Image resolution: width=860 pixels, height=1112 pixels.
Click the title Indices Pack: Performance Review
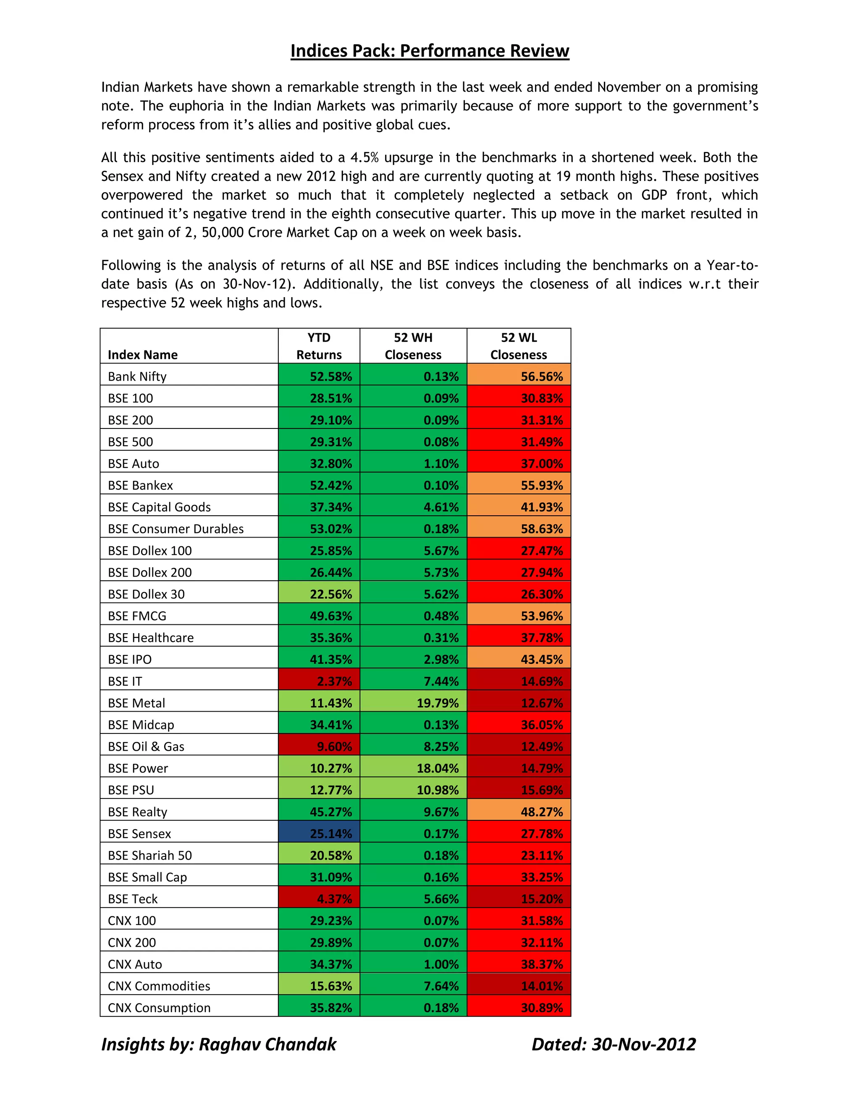coord(430,51)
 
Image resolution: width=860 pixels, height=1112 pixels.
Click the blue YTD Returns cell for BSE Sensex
coord(320,833)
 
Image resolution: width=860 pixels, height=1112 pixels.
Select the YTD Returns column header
coord(319,346)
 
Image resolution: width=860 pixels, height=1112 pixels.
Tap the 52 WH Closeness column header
coord(413,346)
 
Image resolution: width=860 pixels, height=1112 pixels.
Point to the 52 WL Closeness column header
coord(518,346)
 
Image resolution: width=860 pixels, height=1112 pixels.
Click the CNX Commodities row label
coord(159,986)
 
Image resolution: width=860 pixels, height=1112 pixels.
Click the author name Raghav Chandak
coord(267,1044)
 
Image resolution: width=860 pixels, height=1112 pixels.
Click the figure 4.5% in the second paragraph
coord(364,157)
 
